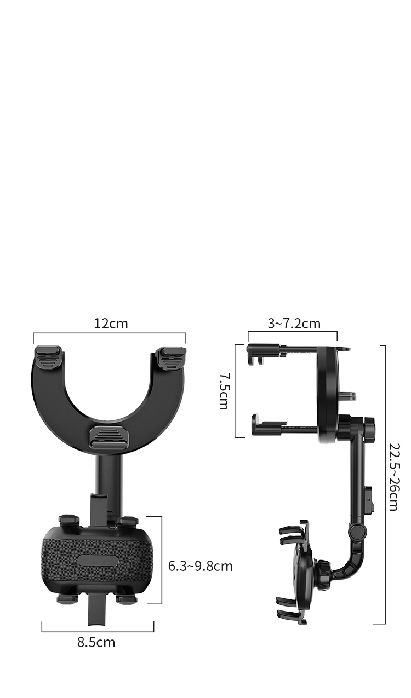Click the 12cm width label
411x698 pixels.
tap(111, 324)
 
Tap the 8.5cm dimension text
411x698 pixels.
tap(96, 642)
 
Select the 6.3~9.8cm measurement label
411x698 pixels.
tap(200, 566)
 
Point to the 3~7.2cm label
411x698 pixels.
tap(294, 324)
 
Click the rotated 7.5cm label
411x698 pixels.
tap(224, 391)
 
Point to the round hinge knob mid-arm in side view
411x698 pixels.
tap(357, 530)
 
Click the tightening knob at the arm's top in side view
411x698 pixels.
tap(370, 424)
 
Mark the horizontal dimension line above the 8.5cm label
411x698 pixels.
tap(98, 631)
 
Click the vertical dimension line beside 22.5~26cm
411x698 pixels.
tap(385, 484)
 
